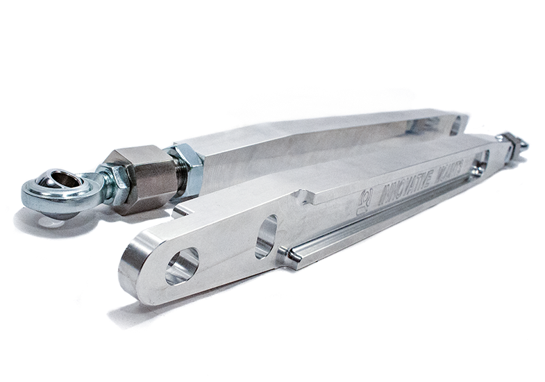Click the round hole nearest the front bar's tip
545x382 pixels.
pyautogui.click(x=182, y=265)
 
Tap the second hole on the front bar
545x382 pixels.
pyautogui.click(x=266, y=236)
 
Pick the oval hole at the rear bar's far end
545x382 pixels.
pyautogui.click(x=455, y=126)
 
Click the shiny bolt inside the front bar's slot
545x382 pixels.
pyautogui.click(x=478, y=168)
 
